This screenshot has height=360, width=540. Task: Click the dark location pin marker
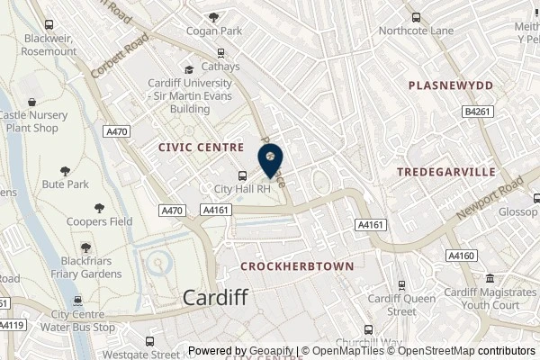(270, 160)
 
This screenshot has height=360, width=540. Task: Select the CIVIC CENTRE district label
(201, 146)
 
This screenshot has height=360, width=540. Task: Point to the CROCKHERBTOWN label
(296, 267)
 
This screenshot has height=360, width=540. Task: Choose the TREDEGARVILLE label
(447, 170)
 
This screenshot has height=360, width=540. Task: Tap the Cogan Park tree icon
(213, 16)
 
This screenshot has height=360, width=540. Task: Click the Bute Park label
(66, 184)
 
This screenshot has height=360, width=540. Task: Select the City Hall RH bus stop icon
(241, 175)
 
